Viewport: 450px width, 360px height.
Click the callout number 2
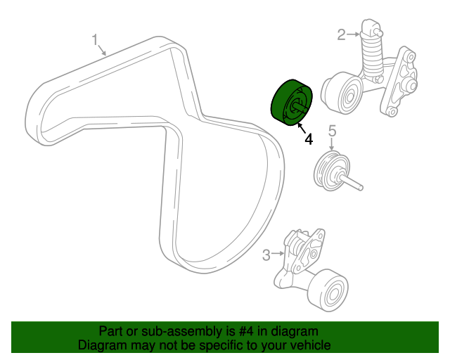tap(342, 34)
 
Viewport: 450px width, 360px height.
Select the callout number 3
tap(266, 255)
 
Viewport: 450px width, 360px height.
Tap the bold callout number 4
tap(308, 139)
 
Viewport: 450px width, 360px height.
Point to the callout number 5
tap(333, 130)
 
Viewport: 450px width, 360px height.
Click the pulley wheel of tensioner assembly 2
tap(342, 94)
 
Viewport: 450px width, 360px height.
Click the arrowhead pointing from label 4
tap(298, 125)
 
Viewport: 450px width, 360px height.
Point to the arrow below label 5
tap(333, 143)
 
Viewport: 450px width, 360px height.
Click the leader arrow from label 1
tap(104, 51)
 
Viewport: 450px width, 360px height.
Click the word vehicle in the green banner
tap(309, 345)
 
